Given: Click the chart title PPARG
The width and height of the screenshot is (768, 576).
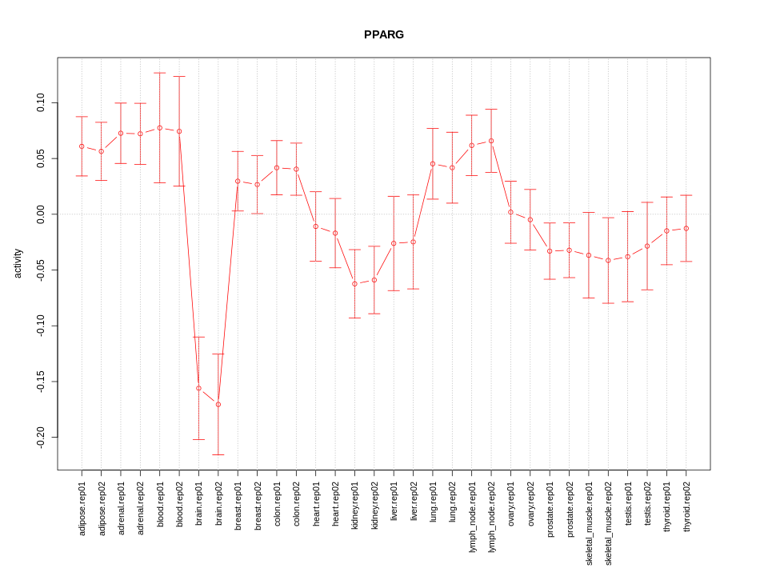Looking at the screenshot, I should point(383,34).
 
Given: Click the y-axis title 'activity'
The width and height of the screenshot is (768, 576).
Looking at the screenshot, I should point(18,263).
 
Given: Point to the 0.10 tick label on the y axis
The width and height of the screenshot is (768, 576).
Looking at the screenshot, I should point(41,103).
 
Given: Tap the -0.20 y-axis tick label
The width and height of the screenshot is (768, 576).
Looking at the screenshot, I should point(41,437).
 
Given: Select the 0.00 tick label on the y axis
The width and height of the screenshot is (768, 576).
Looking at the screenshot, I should point(41,214).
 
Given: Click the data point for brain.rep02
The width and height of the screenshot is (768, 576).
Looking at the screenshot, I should point(218,404).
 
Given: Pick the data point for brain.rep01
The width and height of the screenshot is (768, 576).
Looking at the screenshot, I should point(198,388).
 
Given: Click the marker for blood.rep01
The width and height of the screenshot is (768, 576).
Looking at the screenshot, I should point(160,128).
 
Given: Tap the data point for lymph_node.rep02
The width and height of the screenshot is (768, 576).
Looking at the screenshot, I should point(491,141).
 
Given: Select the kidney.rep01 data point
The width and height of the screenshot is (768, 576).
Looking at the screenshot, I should point(354,284).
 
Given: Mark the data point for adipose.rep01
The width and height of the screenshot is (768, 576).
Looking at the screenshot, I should point(82,146).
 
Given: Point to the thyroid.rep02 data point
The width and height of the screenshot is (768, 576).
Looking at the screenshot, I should point(686,228).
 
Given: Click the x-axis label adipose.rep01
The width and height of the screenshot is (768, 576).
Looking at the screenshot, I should point(82,508).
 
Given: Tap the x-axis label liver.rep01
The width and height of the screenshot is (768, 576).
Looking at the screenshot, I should point(394,502).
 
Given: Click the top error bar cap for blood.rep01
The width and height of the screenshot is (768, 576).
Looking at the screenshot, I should point(160,73).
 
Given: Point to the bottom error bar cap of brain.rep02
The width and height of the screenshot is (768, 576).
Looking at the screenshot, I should point(218,454).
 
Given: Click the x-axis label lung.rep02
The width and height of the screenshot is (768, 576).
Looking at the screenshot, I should point(452,502).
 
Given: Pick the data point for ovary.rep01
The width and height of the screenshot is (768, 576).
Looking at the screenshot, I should point(510,212).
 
